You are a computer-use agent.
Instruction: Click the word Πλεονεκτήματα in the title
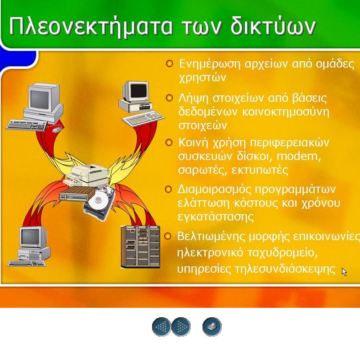click(91, 26)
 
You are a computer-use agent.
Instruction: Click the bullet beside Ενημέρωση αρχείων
click(170, 63)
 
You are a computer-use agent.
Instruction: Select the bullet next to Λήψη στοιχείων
click(169, 98)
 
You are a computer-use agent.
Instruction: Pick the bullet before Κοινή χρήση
click(169, 142)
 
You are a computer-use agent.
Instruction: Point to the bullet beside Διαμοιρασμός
click(168, 189)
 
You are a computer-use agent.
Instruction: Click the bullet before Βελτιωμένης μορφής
click(168, 236)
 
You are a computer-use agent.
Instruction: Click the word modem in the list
click(298, 157)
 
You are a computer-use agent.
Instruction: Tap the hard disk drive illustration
click(99, 202)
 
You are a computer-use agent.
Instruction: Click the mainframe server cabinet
click(140, 247)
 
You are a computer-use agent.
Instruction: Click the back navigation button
click(162, 327)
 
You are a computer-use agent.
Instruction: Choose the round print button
click(212, 327)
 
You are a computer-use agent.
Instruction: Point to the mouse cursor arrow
click(344, 272)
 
